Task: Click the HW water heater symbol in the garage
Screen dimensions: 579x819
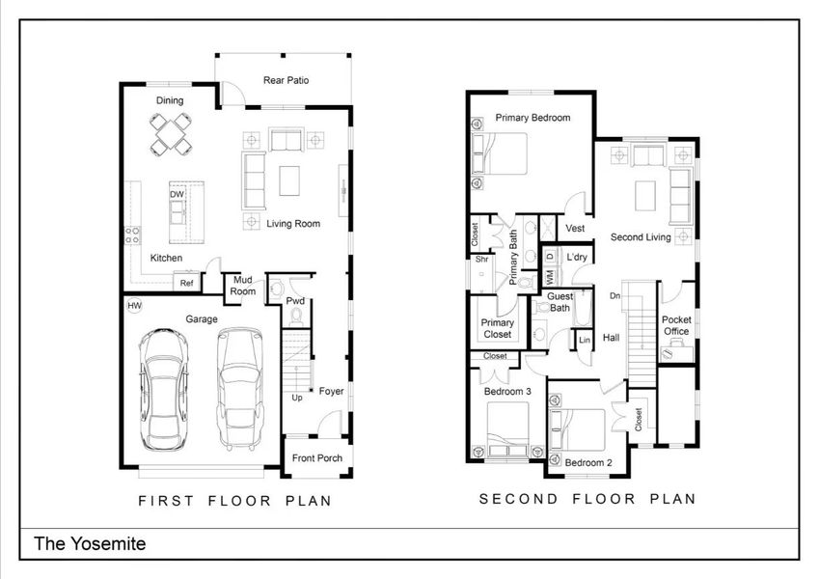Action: point(134,306)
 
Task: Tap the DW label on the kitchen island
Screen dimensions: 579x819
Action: point(177,194)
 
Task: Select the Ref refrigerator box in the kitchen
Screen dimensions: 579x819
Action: point(186,283)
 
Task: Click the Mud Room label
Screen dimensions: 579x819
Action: point(243,286)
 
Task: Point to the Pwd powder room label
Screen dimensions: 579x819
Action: point(295,301)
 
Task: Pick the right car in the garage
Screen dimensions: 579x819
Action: point(238,388)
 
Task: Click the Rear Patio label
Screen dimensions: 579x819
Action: point(287,81)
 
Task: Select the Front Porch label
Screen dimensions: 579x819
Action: point(317,457)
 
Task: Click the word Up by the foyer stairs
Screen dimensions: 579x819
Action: point(297,398)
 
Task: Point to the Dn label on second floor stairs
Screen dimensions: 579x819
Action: point(614,296)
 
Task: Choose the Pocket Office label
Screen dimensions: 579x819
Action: point(676,325)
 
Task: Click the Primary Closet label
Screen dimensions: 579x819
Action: point(498,329)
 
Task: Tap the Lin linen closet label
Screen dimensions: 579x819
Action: point(585,341)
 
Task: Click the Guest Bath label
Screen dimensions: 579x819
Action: point(560,302)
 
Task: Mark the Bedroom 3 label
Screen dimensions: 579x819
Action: point(507,391)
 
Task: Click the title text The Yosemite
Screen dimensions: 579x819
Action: point(91,544)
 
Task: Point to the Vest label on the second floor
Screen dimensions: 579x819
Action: point(575,229)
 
